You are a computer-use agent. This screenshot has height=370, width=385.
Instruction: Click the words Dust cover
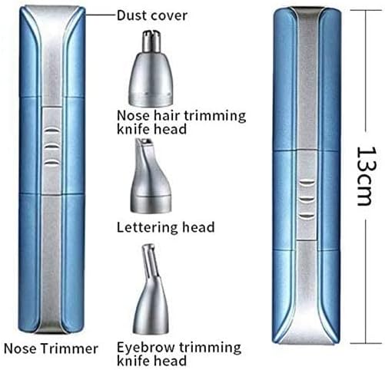[x=152, y=15]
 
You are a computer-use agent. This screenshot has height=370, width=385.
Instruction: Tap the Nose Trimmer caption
[x=51, y=349]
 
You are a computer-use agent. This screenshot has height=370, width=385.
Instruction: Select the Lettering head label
[x=165, y=227]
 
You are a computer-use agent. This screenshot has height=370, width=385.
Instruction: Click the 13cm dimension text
[x=367, y=177]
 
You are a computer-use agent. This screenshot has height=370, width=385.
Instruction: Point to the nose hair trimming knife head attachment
[x=151, y=68]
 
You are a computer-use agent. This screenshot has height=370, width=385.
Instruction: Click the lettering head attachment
[x=151, y=176]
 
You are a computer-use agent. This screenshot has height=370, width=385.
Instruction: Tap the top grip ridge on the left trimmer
[x=52, y=130]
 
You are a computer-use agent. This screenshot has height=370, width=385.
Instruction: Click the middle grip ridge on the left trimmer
[x=52, y=147]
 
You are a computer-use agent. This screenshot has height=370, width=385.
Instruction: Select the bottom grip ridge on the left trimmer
[x=52, y=163]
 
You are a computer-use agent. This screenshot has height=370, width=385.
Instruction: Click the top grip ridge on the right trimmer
[x=307, y=183]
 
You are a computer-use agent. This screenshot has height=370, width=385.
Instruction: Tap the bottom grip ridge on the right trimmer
[x=307, y=216]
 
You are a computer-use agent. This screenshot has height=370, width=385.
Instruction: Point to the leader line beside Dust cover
[x=101, y=15]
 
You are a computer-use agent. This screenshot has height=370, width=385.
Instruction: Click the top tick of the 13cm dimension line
[x=367, y=10]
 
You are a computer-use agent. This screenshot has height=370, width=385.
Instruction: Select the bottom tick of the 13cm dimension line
[x=367, y=343]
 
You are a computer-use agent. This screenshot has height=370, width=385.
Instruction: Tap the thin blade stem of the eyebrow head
[x=150, y=261]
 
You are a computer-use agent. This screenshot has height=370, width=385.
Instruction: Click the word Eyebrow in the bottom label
[x=146, y=348]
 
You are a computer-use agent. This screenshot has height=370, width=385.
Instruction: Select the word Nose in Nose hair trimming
[x=133, y=116]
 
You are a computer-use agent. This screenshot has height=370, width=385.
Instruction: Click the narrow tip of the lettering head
[x=144, y=143]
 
